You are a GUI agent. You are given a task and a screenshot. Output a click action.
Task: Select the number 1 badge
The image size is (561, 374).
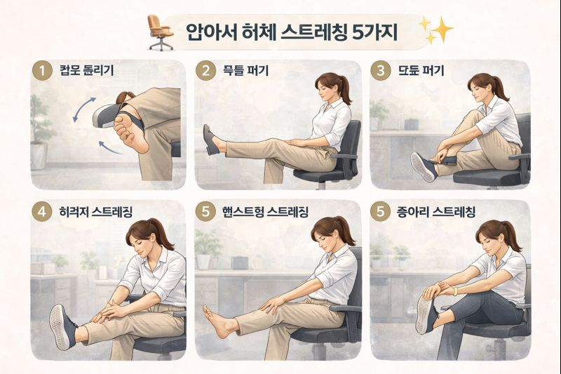tap(43, 71)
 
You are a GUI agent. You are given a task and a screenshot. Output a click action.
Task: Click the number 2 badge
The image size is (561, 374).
tap(206, 71)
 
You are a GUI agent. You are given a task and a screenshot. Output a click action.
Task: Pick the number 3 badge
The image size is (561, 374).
tap(381, 71)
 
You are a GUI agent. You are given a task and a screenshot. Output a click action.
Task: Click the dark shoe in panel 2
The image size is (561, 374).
tap(210, 140)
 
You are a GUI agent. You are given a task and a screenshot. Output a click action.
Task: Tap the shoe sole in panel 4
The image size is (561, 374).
tap(60, 326)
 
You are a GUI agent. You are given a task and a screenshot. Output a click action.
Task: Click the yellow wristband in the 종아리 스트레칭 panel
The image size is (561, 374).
tap(454, 290)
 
